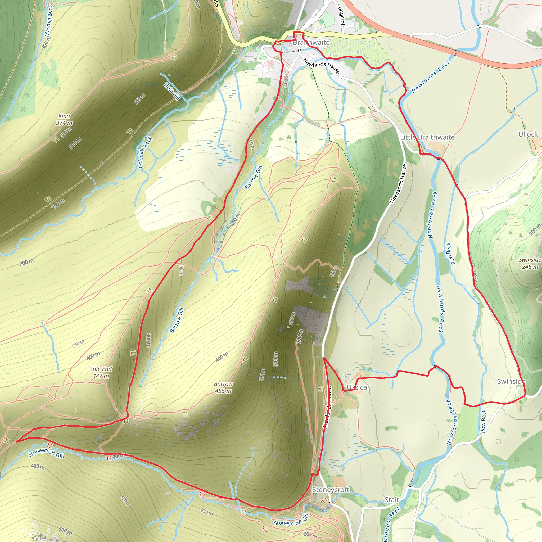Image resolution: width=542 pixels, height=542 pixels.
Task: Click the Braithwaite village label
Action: [311, 42]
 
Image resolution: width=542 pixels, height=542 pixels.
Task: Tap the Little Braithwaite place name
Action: [427, 137]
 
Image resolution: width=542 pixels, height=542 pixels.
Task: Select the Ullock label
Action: [528, 134]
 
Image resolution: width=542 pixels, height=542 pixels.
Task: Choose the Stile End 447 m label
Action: [101, 372]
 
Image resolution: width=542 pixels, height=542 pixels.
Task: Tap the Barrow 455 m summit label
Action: [223, 387]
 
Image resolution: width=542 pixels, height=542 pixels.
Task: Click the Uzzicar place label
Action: [358, 387]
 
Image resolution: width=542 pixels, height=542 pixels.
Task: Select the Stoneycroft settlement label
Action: [331, 490]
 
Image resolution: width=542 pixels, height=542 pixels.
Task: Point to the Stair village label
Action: [392, 500]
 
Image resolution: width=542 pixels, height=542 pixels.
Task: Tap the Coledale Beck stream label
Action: [145, 152]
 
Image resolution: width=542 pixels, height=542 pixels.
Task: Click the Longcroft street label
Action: [340, 15]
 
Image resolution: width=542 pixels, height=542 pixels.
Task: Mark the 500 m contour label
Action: [65, 531]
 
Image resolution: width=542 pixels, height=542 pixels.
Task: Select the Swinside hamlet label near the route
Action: [511, 382]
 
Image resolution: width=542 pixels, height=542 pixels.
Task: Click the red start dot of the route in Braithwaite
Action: [294, 37]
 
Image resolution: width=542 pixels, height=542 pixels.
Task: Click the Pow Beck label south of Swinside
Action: [483, 421]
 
